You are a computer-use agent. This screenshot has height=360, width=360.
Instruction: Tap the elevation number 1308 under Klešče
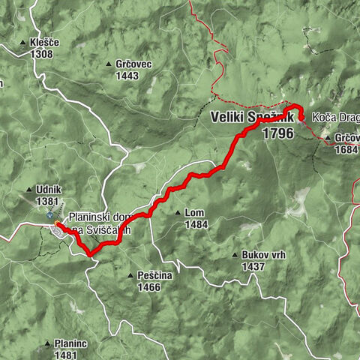(x=43, y=54)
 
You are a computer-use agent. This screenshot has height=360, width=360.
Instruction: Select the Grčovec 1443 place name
(x=134, y=64)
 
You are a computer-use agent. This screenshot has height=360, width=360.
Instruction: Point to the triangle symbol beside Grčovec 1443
(x=110, y=64)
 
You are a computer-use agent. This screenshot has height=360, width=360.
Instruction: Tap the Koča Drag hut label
(x=332, y=118)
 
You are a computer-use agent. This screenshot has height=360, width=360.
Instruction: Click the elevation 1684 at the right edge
(x=346, y=148)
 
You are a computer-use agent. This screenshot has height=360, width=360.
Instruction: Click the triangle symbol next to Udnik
(x=29, y=190)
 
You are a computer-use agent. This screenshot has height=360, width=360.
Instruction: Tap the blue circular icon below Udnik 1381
(x=50, y=215)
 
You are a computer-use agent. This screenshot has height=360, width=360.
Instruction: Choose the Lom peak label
(x=193, y=213)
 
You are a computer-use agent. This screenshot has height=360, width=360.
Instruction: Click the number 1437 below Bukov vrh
(x=254, y=266)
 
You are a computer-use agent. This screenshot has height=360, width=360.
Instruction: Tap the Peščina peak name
(x=155, y=276)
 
